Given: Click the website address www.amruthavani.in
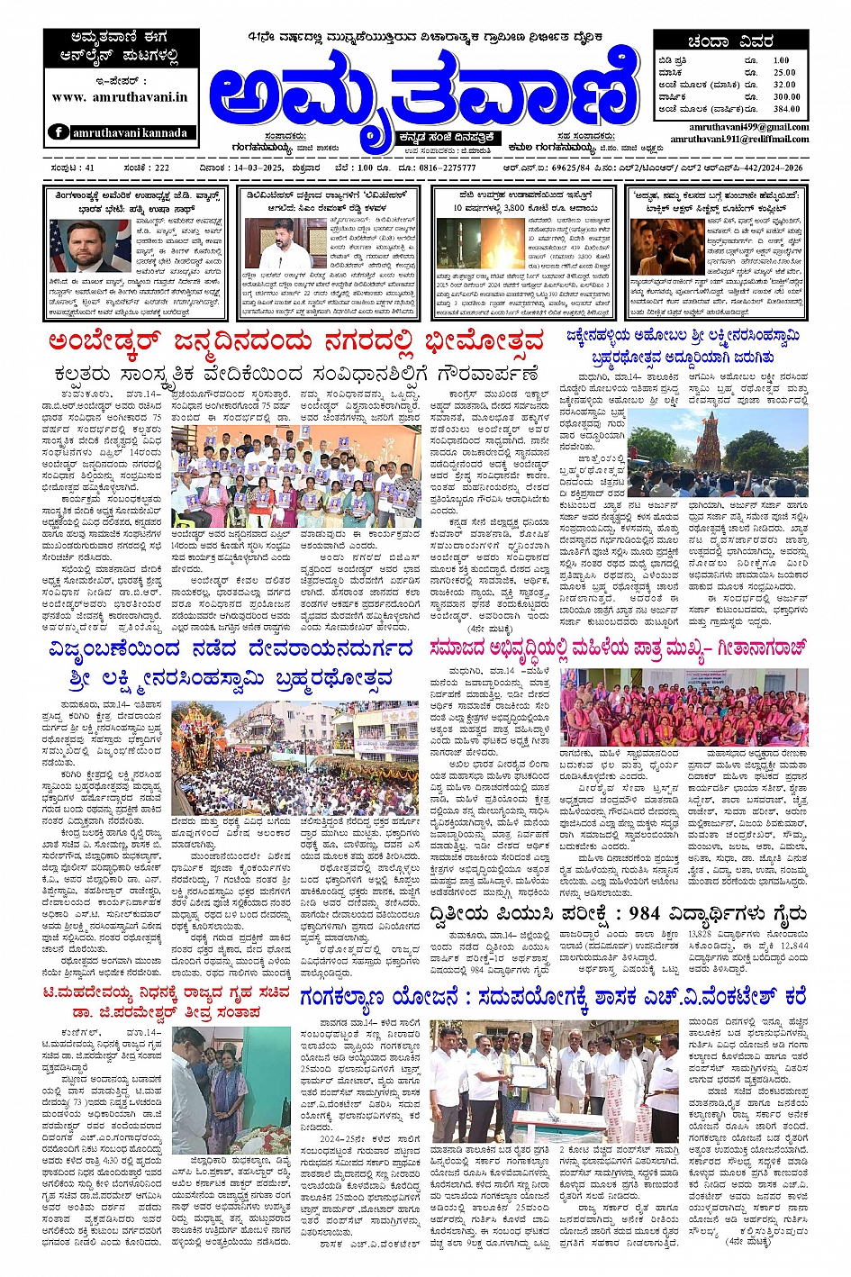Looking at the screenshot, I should [x=120, y=97].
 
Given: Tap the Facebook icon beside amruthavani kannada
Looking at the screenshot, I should [x=59, y=131].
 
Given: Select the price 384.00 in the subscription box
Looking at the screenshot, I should [x=786, y=109].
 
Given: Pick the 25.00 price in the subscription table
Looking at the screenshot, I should [x=784, y=73].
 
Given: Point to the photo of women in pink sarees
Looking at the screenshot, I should [x=683, y=706].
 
